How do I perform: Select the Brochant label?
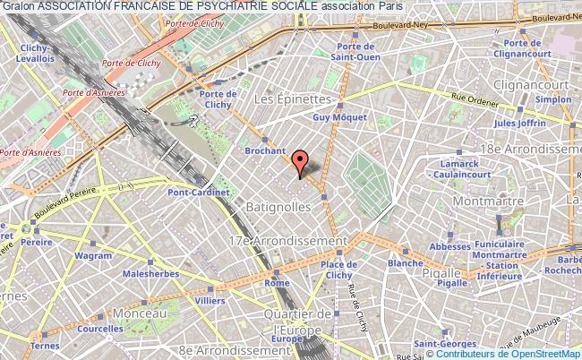point(267,152)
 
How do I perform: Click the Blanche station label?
point(406,264)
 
